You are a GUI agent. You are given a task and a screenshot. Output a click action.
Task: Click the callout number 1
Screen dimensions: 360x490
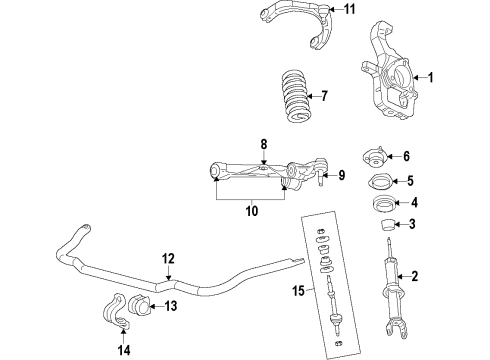[432, 78]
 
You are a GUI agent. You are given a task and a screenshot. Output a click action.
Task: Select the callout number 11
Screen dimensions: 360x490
[321, 12]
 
